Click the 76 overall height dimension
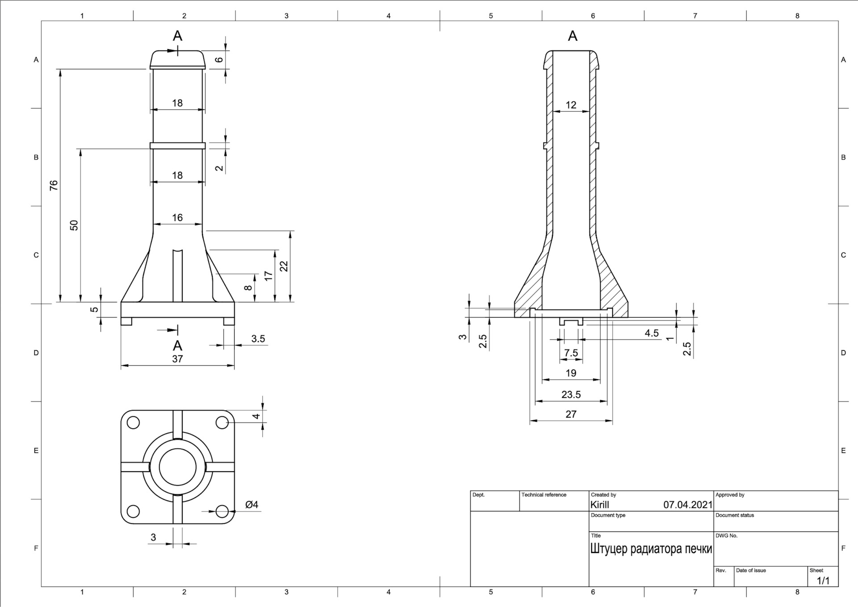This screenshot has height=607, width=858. pyautogui.click(x=54, y=185)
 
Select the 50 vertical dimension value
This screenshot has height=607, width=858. pyautogui.click(x=74, y=225)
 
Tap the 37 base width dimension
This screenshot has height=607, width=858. pyautogui.click(x=177, y=359)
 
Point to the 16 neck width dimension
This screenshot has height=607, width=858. pyautogui.click(x=177, y=218)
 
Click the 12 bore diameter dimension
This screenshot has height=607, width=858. pyautogui.click(x=571, y=105)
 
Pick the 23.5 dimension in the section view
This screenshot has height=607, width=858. pyautogui.click(x=571, y=394)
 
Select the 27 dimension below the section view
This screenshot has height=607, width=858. pyautogui.click(x=571, y=414)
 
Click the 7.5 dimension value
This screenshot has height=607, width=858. pyautogui.click(x=571, y=353)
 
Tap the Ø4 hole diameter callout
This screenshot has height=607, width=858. pyautogui.click(x=252, y=505)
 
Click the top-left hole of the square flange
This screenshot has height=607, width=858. pyautogui.click(x=133, y=423)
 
